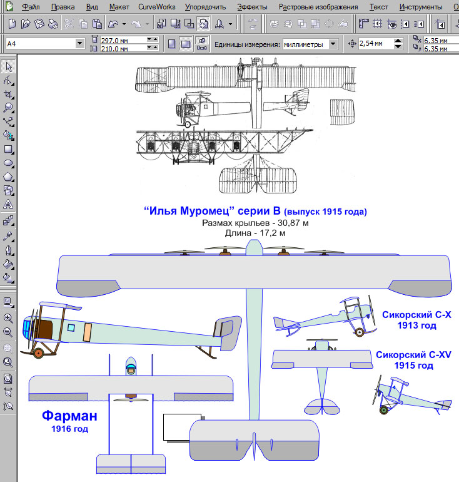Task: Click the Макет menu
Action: (119, 8)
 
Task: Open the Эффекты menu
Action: (252, 8)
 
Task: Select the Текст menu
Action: (378, 8)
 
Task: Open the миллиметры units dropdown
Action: (310, 44)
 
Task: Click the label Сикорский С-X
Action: (416, 314)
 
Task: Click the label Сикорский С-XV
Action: (413, 354)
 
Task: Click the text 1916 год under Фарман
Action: (69, 429)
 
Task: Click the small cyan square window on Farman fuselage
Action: (71, 327)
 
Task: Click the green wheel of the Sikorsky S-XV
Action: (384, 410)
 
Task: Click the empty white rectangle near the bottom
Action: (182, 427)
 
